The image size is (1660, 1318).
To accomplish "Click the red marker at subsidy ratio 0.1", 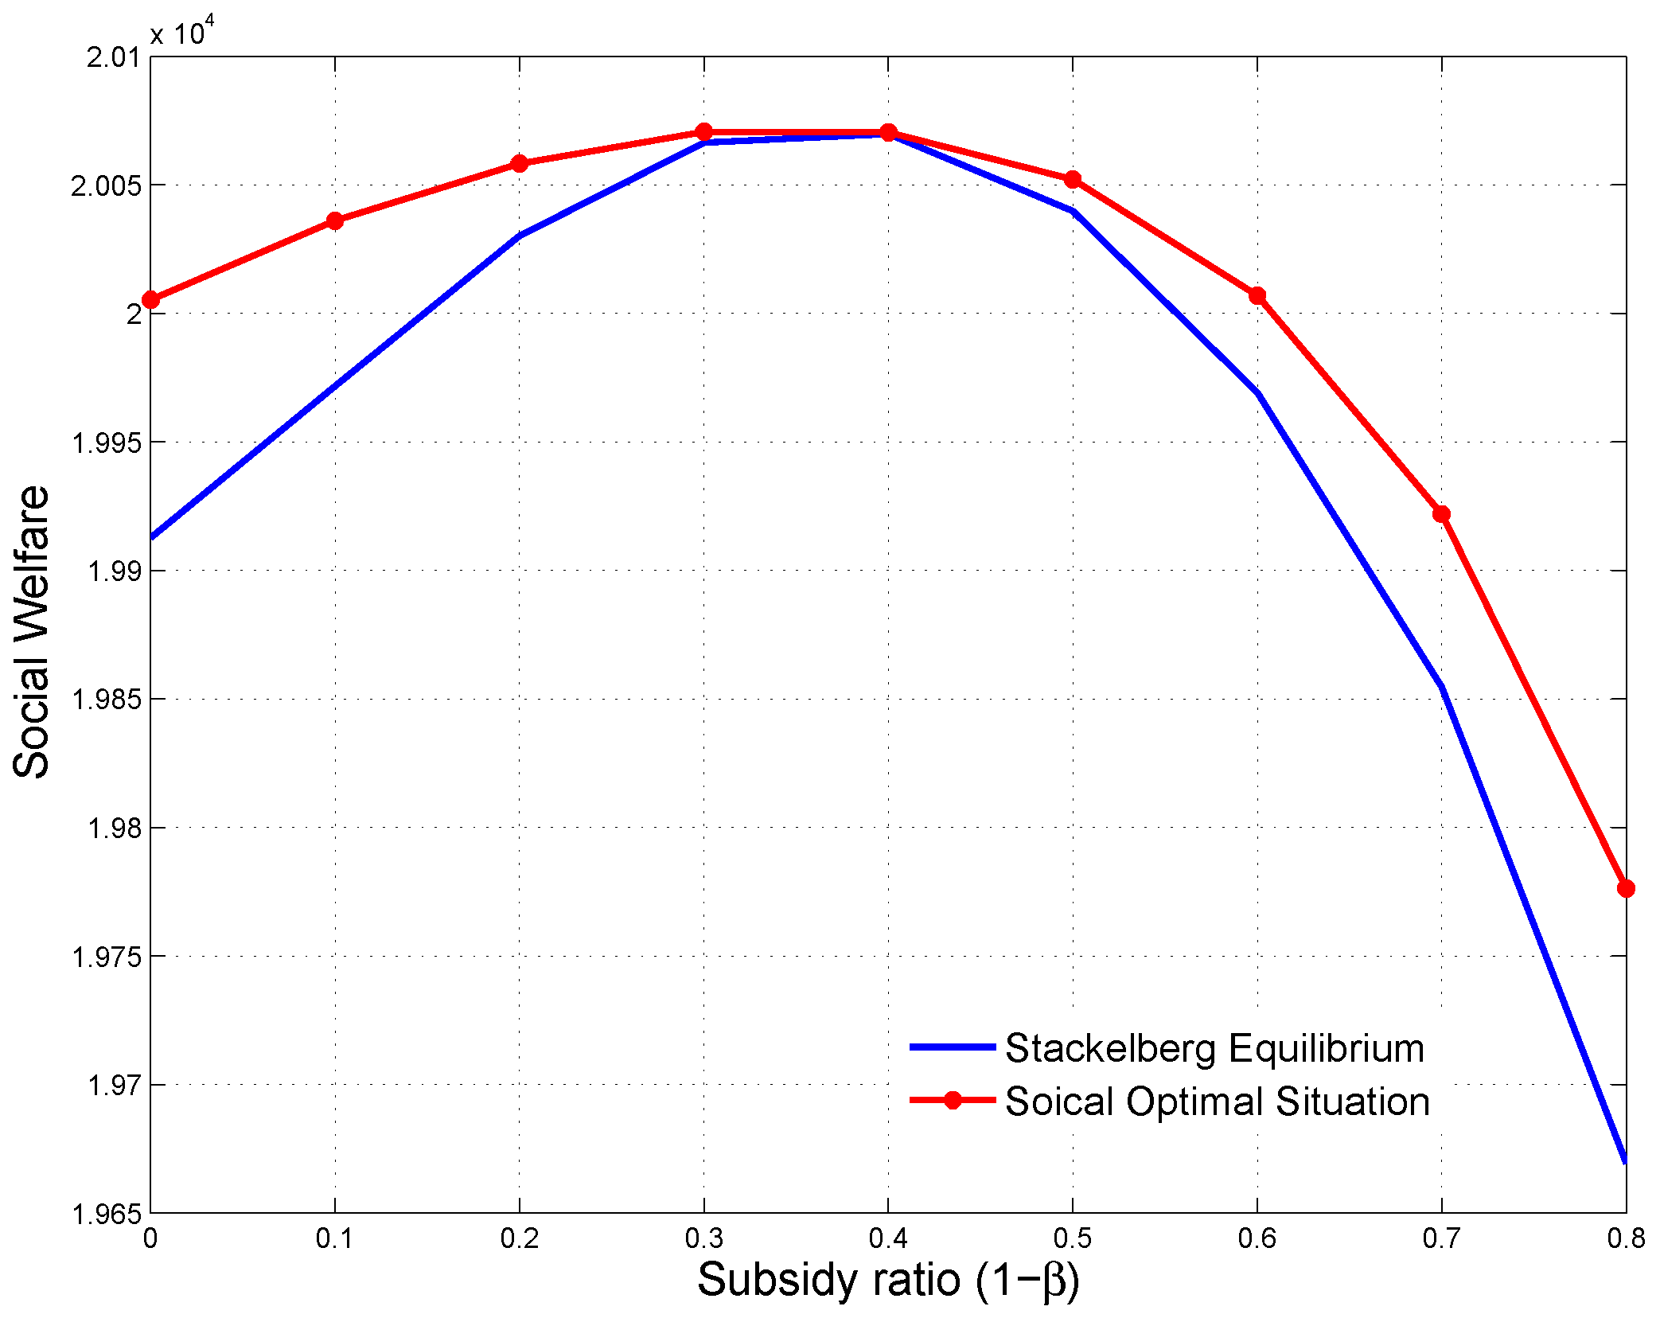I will click(335, 220).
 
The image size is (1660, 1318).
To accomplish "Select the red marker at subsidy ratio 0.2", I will click(520, 163).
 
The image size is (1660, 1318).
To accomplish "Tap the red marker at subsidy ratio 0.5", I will click(1073, 179).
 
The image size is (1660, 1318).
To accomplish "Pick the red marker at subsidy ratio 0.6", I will click(1257, 296).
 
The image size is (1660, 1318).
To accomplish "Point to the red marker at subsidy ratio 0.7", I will click(1441, 514).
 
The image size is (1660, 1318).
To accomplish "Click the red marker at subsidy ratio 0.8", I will click(1626, 888).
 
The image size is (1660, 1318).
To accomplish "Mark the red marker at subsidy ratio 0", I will click(150, 299).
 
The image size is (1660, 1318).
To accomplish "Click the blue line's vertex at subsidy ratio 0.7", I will click(1442, 687).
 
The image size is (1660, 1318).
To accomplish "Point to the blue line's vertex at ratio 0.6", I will click(1257, 392).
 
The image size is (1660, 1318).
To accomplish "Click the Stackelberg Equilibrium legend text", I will click(1214, 1048).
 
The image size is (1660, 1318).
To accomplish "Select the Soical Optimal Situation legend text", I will click(1217, 1102).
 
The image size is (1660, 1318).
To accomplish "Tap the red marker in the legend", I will click(952, 1101).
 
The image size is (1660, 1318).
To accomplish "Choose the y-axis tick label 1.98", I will click(113, 829).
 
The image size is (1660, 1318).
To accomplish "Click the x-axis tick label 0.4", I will click(888, 1238).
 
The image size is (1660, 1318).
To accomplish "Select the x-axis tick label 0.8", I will click(1626, 1238).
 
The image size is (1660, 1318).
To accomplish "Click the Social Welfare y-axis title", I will click(32, 632).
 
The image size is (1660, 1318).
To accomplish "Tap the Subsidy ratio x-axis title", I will click(888, 1281).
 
